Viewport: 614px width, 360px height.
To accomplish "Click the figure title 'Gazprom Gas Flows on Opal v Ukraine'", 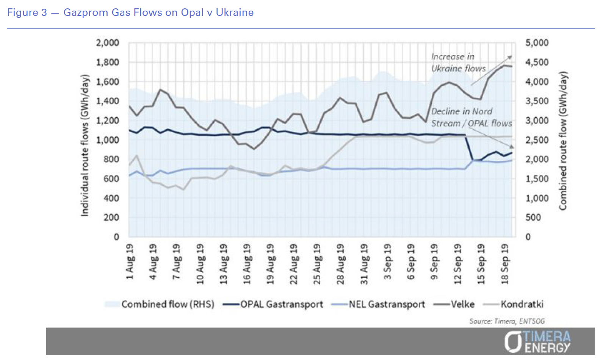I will pos(158,13).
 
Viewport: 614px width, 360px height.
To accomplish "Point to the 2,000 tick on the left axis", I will pos(107,43).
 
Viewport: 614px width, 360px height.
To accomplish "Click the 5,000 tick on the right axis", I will pos(537,43).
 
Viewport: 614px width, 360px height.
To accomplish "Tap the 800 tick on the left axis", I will pos(111,159).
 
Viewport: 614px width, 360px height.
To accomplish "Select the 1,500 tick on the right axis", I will pos(537,178).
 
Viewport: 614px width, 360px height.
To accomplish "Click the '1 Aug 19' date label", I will pos(130,262).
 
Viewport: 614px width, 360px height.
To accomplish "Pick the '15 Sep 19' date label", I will pos(481,264).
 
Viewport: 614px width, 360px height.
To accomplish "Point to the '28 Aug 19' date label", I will pos(340,264).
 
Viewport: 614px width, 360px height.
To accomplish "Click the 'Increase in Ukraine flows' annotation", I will pos(458,63).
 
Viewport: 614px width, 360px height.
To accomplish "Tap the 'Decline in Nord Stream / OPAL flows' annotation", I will pos(471,117).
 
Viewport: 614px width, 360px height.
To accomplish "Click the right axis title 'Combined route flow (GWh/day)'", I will pos(563,141).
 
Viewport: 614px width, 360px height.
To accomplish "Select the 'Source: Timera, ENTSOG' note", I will pos(507,321).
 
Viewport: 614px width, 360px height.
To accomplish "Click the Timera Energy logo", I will pos(537,342).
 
